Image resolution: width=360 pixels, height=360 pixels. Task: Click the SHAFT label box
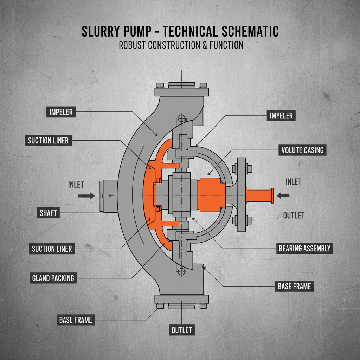[x=48, y=212]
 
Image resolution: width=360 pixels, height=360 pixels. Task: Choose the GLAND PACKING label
[x=53, y=278]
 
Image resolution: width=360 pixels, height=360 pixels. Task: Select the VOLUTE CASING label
[x=302, y=150]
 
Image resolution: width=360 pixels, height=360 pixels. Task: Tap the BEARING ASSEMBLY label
[x=304, y=249]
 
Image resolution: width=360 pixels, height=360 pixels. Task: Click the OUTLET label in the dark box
[x=182, y=330]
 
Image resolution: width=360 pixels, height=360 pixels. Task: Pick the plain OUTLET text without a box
[x=294, y=215]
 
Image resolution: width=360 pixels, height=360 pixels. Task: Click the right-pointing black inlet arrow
[x=86, y=196]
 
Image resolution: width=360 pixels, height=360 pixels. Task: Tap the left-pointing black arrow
[x=283, y=195]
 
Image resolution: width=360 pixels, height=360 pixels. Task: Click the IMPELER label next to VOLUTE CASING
[x=281, y=115]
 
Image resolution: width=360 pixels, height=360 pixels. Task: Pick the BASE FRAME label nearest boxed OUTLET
[x=75, y=320]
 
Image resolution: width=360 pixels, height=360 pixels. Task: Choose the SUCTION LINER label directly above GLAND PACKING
[x=52, y=249]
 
